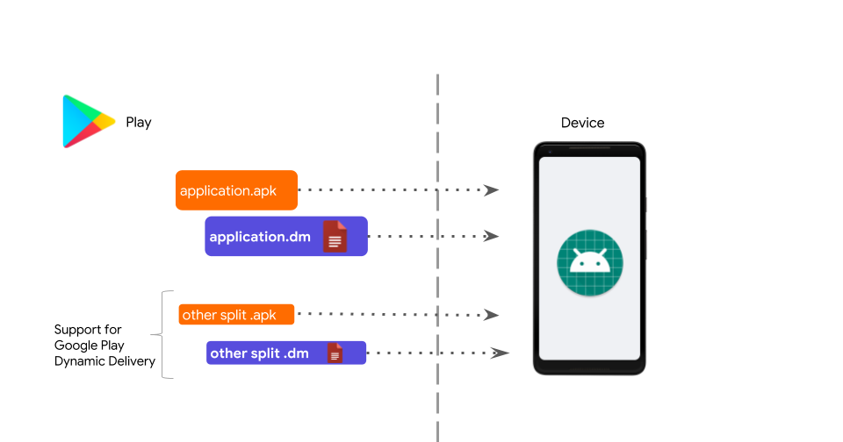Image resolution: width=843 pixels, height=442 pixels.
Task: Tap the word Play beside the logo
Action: [139, 123]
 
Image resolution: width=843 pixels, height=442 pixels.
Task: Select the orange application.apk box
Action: [236, 190]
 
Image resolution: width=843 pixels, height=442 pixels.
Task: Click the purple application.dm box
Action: [285, 237]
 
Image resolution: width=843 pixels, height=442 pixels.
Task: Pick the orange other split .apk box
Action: [236, 315]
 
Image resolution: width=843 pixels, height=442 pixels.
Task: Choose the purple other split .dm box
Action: [285, 353]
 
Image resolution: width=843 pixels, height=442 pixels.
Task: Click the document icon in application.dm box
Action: [335, 237]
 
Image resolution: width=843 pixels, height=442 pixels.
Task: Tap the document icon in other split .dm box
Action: [335, 353]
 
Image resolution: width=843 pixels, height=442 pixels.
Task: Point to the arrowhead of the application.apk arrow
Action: [493, 190]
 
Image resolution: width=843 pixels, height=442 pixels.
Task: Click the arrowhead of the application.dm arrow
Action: [493, 237]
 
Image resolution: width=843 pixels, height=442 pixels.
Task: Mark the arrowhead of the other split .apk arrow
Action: [493, 315]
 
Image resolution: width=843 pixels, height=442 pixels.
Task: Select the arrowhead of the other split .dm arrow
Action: [501, 353]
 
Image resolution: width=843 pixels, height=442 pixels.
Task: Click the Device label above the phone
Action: [583, 123]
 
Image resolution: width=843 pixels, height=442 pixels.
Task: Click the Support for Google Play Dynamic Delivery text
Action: [104, 346]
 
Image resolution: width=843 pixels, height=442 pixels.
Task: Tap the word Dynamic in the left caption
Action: [77, 361]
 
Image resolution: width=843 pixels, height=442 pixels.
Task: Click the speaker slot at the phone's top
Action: [589, 149]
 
